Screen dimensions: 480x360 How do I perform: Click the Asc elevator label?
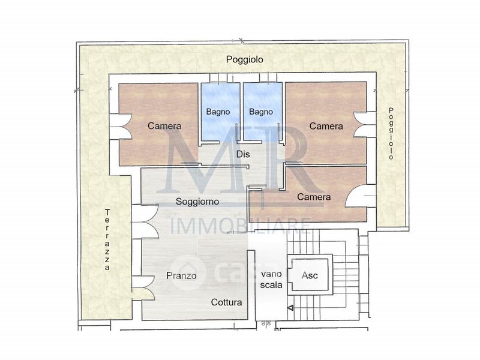[x=310, y=275]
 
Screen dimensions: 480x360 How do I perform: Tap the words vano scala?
[x=271, y=280]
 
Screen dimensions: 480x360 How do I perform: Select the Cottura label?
[x=227, y=302]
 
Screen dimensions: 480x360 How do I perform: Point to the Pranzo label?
[x=181, y=275]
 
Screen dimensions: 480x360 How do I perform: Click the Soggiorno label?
[x=197, y=202]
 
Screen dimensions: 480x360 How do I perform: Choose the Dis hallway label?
[x=243, y=154]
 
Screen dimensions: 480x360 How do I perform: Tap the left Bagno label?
[x=218, y=112]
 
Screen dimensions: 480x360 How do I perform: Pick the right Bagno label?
[x=261, y=112]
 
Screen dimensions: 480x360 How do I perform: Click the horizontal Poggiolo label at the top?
[x=245, y=59]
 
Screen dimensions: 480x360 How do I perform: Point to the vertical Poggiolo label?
[x=391, y=133]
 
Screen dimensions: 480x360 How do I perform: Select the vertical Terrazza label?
[x=107, y=239]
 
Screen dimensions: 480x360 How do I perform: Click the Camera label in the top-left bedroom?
[x=164, y=126]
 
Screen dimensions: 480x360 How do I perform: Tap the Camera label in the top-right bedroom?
[x=326, y=126]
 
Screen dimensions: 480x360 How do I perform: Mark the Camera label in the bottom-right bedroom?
[x=314, y=197]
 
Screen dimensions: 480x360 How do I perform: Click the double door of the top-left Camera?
[x=121, y=127]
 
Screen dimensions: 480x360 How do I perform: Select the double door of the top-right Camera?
[x=365, y=125]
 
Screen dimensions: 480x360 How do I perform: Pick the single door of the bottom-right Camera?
[x=361, y=196]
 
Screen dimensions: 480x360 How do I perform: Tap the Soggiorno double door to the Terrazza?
[x=145, y=221]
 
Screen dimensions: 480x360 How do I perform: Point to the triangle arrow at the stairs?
[x=291, y=308]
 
